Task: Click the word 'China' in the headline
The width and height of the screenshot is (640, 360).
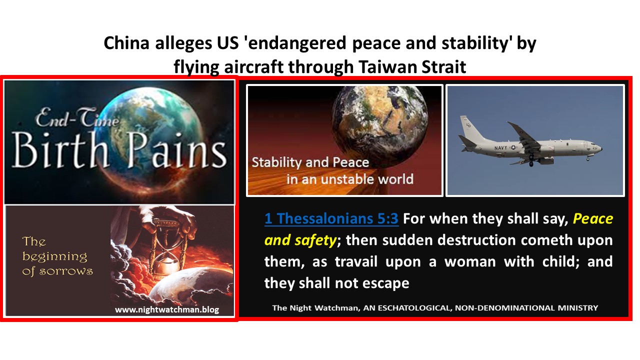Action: tap(126, 43)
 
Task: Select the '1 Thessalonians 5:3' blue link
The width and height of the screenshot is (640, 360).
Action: tap(331, 218)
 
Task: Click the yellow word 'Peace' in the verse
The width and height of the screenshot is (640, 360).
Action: tap(593, 219)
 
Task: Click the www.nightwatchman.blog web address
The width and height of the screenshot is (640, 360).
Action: tap(167, 309)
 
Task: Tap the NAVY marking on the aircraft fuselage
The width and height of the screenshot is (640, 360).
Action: tap(500, 147)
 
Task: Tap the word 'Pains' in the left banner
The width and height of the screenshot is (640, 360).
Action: tap(177, 150)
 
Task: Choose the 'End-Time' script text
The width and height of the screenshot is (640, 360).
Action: tap(77, 117)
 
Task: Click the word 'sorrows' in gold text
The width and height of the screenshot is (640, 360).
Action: tap(66, 271)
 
